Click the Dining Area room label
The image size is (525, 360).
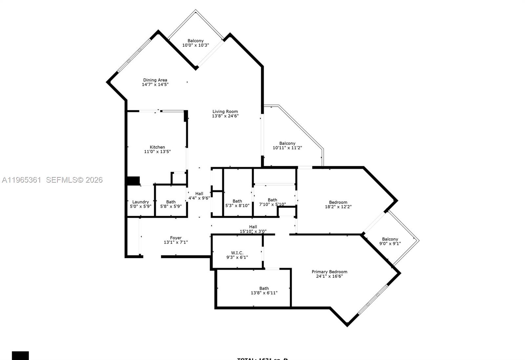pyautogui.click(x=155, y=80)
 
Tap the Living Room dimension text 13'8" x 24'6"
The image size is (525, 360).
pyautogui.click(x=225, y=116)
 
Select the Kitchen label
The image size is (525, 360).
pyautogui.click(x=157, y=147)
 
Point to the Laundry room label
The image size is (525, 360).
pyautogui.click(x=140, y=202)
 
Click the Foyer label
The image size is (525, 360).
pyautogui.click(x=176, y=238)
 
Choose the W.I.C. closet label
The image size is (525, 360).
pyautogui.click(x=237, y=253)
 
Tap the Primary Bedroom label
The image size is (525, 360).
pyautogui.click(x=329, y=272)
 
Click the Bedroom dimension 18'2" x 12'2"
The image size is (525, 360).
pyautogui.click(x=338, y=207)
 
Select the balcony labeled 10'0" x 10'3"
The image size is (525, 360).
pyautogui.click(x=196, y=43)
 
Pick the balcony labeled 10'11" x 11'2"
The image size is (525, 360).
pyautogui.click(x=287, y=146)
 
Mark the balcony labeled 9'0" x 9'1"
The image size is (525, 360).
pyautogui.click(x=390, y=241)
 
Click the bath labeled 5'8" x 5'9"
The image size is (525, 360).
pyautogui.click(x=171, y=204)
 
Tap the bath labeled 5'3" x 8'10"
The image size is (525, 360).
pyautogui.click(x=237, y=204)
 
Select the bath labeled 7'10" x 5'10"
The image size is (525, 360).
pyautogui.click(x=272, y=202)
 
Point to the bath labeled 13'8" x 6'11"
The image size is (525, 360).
pyautogui.click(x=264, y=291)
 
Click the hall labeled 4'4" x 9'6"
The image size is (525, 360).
pyautogui.click(x=199, y=196)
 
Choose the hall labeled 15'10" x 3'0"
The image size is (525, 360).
pyautogui.click(x=253, y=229)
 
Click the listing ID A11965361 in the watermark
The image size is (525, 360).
pyautogui.click(x=22, y=180)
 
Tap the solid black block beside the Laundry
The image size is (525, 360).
pyautogui.click(x=133, y=181)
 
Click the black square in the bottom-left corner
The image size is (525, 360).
pyautogui.click(x=20, y=356)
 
